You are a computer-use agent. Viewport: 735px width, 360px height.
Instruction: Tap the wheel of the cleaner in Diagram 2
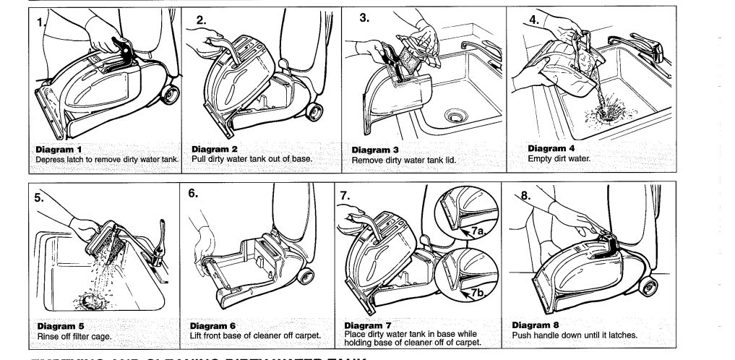pos(314,112)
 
